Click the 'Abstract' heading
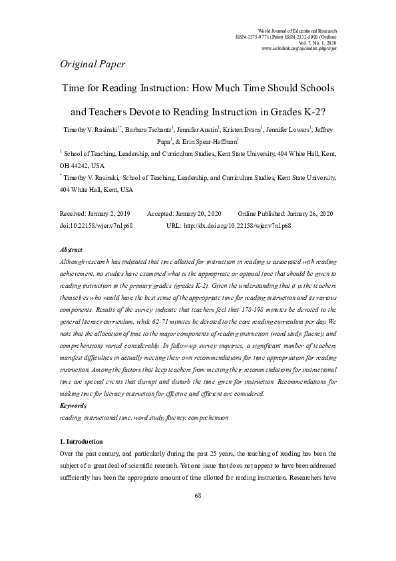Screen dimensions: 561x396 71,249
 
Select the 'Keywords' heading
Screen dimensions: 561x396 73,405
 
